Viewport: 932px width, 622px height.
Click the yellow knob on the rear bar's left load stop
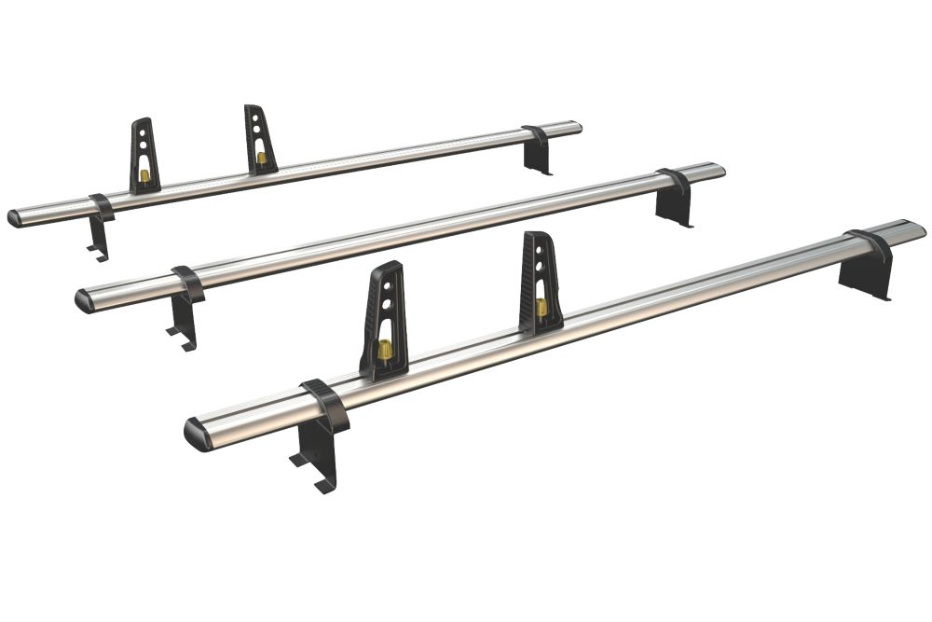coord(144,174)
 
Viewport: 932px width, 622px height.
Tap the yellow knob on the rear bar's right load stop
coord(261,159)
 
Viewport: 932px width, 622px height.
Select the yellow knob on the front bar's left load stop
coord(383,350)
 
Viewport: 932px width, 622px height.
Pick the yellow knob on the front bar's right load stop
coord(541,307)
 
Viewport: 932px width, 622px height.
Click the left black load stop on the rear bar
coord(144,154)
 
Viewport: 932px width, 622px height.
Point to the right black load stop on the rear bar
coord(260,139)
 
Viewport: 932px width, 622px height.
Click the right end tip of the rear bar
coord(579,126)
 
